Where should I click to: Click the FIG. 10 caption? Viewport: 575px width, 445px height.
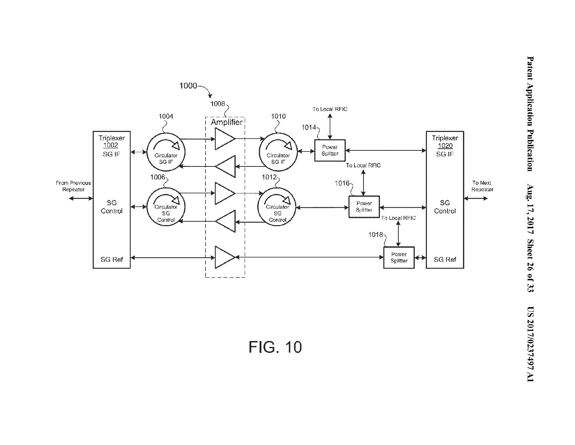[275, 347]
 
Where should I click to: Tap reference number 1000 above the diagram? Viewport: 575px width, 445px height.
[188, 86]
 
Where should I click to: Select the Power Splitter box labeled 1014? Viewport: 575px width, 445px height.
[330, 150]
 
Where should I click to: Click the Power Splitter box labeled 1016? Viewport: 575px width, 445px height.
[364, 207]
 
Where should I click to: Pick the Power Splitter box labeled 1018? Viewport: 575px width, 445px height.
[399, 258]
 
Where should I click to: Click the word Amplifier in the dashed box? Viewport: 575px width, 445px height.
[227, 122]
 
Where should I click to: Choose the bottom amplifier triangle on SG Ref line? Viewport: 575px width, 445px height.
[224, 258]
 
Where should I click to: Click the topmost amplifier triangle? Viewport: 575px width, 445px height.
[224, 139]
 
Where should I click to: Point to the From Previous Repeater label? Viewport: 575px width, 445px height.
[73, 186]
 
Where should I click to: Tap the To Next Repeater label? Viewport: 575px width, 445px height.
[482, 186]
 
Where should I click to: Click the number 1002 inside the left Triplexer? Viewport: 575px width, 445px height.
[112, 146]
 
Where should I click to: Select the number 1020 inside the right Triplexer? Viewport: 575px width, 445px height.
[445, 146]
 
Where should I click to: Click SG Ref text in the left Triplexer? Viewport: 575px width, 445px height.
[112, 259]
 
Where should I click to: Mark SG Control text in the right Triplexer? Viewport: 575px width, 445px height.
[445, 207]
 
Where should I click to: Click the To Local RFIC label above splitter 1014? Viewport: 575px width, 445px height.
[330, 109]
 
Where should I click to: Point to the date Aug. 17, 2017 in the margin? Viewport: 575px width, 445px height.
[530, 209]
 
